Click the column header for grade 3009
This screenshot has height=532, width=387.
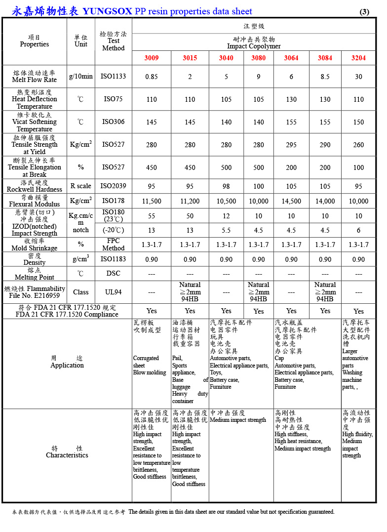tap(152, 58)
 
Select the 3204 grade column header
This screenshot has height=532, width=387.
tap(358, 58)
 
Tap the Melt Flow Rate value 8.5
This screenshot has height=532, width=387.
tap(325, 77)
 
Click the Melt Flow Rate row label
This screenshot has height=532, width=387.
tap(34, 77)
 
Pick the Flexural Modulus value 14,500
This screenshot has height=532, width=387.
tap(291, 201)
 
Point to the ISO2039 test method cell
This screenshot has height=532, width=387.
tap(113, 186)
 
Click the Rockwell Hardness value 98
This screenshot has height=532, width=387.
tap(226, 186)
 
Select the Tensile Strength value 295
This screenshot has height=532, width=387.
tap(291, 145)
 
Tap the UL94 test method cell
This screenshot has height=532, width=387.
tap(113, 292)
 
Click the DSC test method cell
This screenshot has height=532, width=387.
tap(113, 273)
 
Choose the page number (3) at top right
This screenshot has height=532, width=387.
tap(364, 12)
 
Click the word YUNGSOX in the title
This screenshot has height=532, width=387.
tap(107, 11)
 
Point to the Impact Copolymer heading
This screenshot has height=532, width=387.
tap(254, 46)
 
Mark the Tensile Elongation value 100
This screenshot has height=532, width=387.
tap(358, 167)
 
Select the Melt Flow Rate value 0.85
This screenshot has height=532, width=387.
tap(152, 77)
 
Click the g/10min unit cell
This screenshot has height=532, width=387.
tap(81, 77)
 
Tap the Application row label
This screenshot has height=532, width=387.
tap(67, 365)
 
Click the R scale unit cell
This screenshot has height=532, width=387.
tap(81, 186)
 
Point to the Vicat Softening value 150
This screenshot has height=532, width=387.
tap(358, 122)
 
